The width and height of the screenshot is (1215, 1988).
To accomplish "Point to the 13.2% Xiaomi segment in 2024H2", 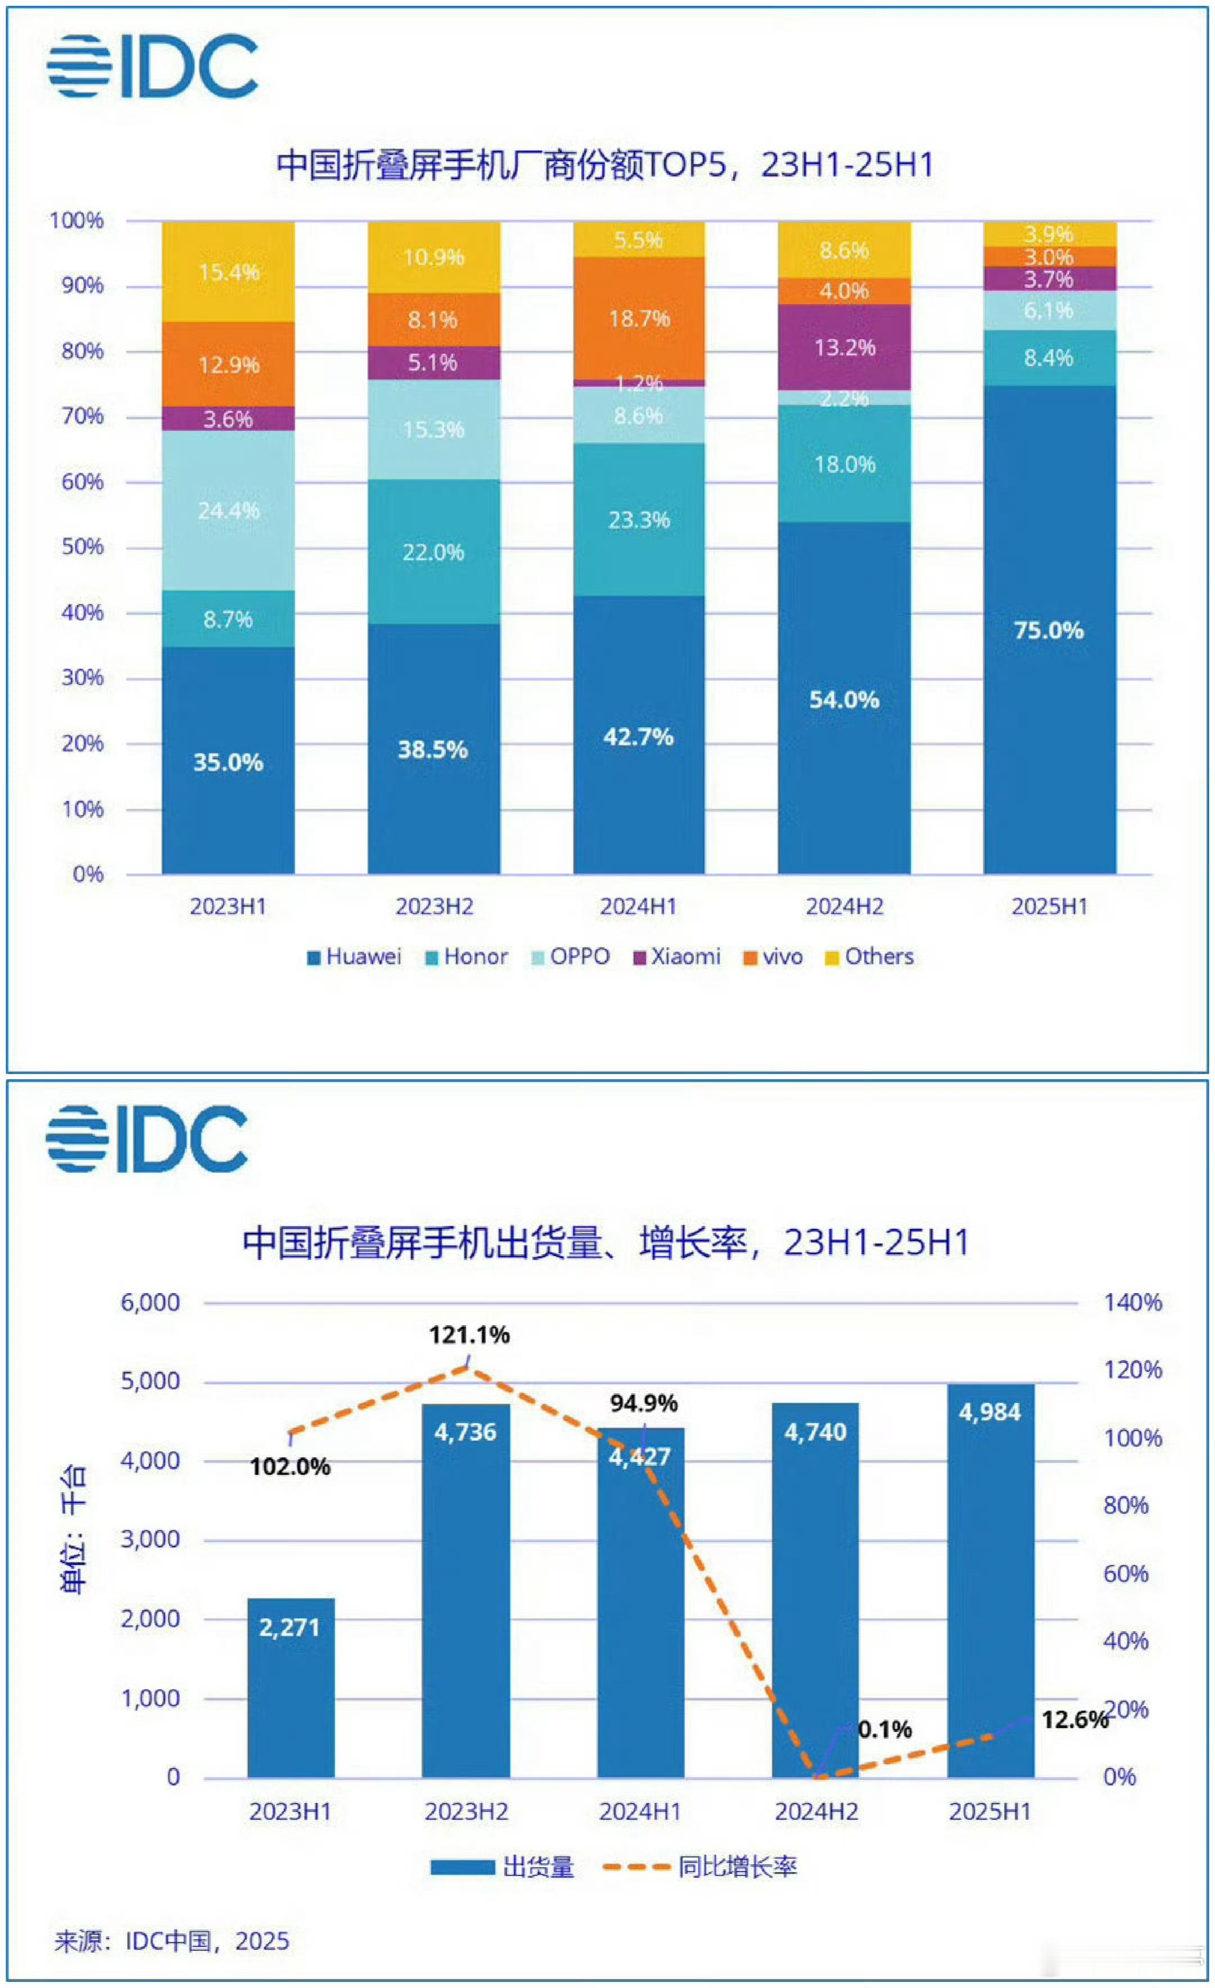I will [844, 348].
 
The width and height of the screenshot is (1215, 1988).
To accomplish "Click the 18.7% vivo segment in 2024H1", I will [638, 318].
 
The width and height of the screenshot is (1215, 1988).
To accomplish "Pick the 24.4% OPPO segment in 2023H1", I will [228, 511].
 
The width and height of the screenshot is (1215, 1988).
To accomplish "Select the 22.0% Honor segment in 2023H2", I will [433, 553].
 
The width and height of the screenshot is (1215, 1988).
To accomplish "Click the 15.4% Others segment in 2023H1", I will [228, 272].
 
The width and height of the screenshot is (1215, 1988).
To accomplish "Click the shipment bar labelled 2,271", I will [290, 1686].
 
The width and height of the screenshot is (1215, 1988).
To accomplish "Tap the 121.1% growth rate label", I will [469, 1335].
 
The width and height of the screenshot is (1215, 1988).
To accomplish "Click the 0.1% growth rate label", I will [884, 1729].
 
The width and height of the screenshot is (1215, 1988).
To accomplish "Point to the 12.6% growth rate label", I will [1074, 1720].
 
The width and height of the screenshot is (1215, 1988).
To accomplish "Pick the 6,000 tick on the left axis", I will [150, 1302].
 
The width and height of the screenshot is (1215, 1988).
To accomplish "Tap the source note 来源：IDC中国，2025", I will [172, 1940].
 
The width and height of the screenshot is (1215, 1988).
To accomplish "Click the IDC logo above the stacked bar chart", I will [152, 66].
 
